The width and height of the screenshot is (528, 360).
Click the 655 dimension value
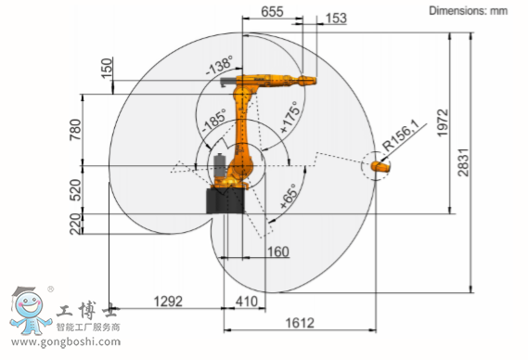point(272,12)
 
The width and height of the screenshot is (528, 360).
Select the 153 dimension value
point(336,19)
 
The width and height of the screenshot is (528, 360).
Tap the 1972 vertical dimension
point(443,122)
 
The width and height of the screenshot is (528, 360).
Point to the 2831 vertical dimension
point(463,162)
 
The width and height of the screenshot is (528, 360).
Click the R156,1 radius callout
point(401,135)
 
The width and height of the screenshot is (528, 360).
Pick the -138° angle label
point(220,65)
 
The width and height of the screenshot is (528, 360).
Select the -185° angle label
point(213,121)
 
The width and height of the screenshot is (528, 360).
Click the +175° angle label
point(290,117)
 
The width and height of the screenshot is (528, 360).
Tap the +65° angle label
point(289,197)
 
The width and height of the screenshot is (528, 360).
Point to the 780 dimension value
point(75,130)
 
